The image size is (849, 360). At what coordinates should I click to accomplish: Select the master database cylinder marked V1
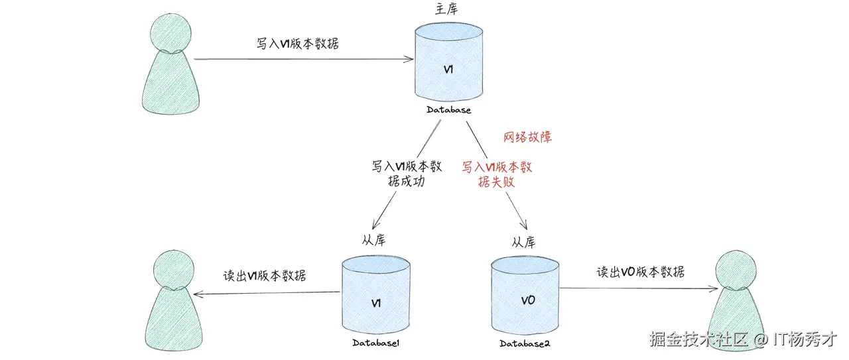coord(448,63)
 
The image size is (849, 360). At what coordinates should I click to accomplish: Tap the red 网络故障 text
coord(528,137)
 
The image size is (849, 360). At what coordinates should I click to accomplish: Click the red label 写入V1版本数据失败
coord(497,174)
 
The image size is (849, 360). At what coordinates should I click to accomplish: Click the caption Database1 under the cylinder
coord(375,343)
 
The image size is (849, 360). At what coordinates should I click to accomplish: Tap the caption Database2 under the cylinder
coord(525,343)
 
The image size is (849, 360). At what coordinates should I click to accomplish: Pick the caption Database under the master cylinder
coord(448,110)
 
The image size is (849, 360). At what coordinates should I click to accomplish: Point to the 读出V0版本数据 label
coord(640,272)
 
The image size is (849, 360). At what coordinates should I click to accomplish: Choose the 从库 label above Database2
coord(523,242)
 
